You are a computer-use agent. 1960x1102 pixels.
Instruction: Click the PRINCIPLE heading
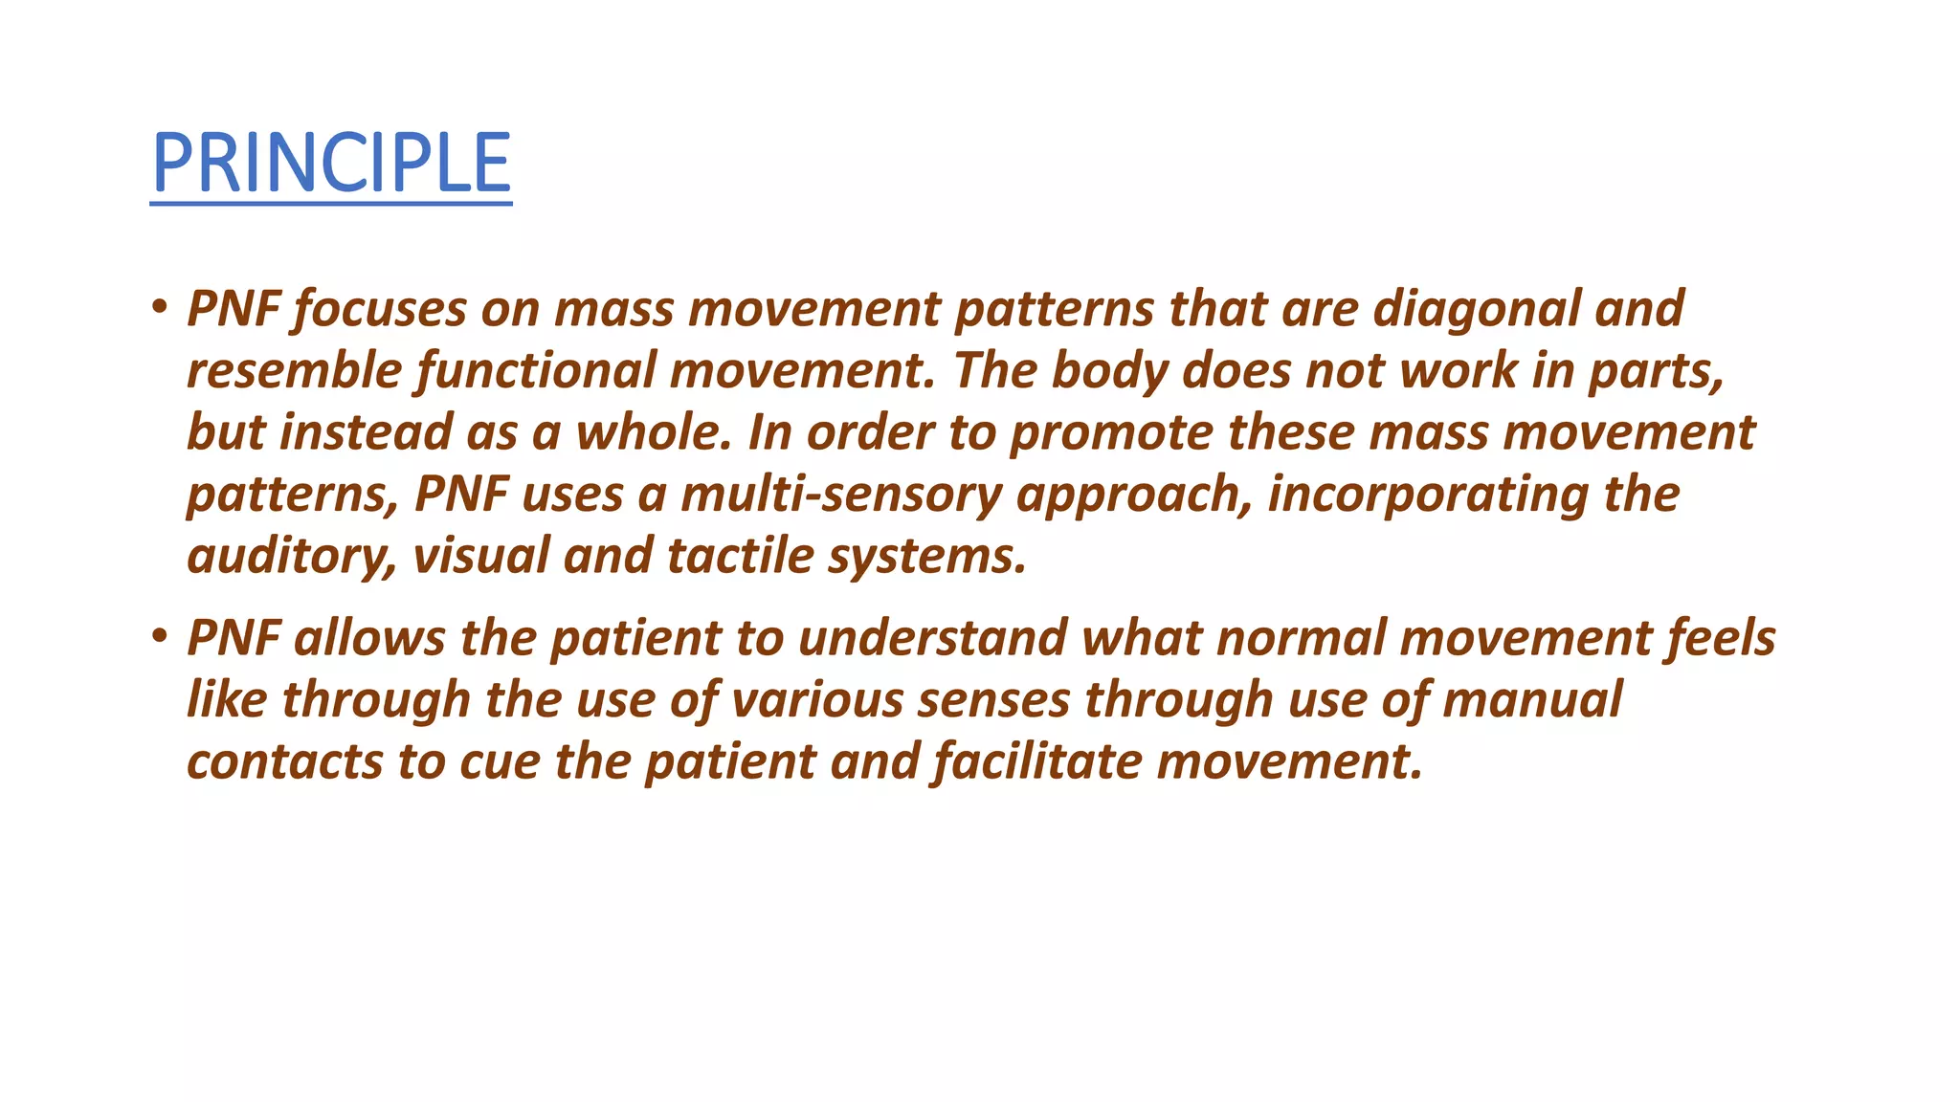click(x=331, y=164)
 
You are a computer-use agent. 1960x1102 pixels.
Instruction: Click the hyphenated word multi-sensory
click(x=841, y=496)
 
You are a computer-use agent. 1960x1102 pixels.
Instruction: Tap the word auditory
click(x=291, y=557)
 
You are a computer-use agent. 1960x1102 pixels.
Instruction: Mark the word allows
click(x=369, y=638)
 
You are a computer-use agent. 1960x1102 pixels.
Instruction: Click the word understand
click(x=932, y=638)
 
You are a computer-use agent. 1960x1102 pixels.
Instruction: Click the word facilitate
click(x=1037, y=761)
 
